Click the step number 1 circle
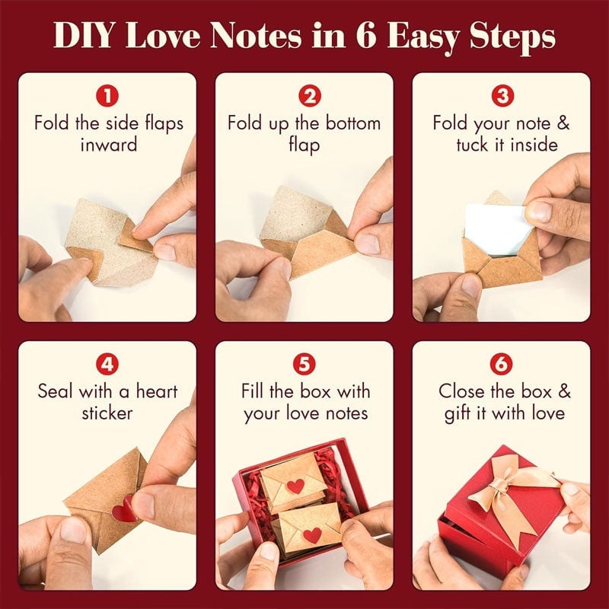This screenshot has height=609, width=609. pyautogui.click(x=107, y=96)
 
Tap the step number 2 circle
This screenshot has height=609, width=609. pyautogui.click(x=304, y=96)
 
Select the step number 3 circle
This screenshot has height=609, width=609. pyautogui.click(x=501, y=96)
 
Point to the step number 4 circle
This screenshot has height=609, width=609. pyautogui.click(x=107, y=364)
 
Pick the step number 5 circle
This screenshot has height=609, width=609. pyautogui.click(x=304, y=364)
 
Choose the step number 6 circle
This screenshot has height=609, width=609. pyautogui.click(x=501, y=364)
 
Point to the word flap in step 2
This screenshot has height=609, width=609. pyautogui.click(x=304, y=145)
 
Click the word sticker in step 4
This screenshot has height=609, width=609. pyautogui.click(x=107, y=413)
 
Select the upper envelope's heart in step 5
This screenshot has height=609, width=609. pyautogui.click(x=295, y=485)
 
